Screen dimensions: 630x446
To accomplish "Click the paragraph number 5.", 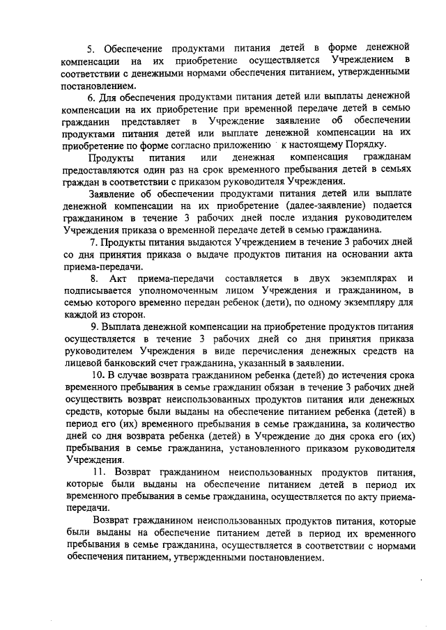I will click(x=89, y=48).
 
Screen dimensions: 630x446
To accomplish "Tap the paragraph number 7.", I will click(x=93, y=242).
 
